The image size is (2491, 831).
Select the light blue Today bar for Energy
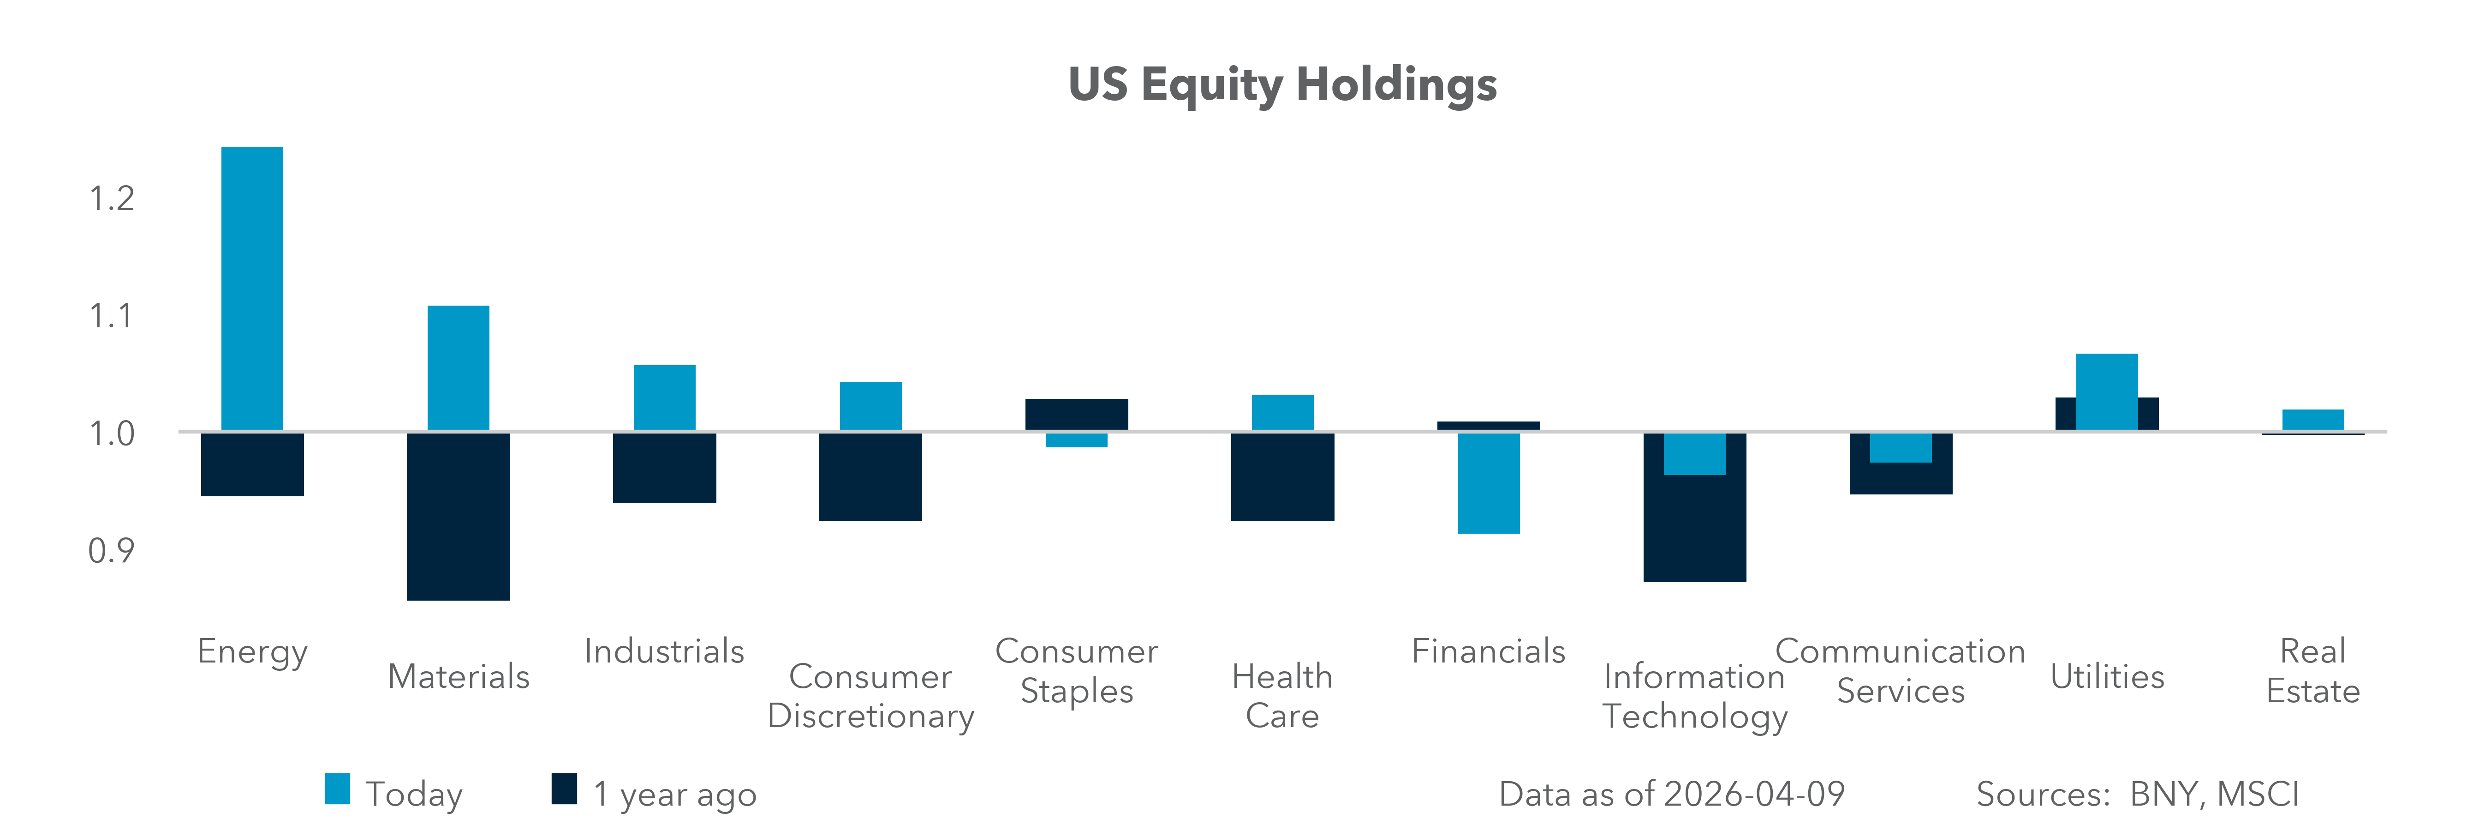point(252,288)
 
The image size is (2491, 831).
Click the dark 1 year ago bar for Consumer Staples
point(1076,414)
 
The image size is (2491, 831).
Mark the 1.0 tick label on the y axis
point(111,434)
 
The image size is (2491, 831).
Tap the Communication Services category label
point(1900,671)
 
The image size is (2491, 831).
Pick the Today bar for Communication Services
point(1900,448)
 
